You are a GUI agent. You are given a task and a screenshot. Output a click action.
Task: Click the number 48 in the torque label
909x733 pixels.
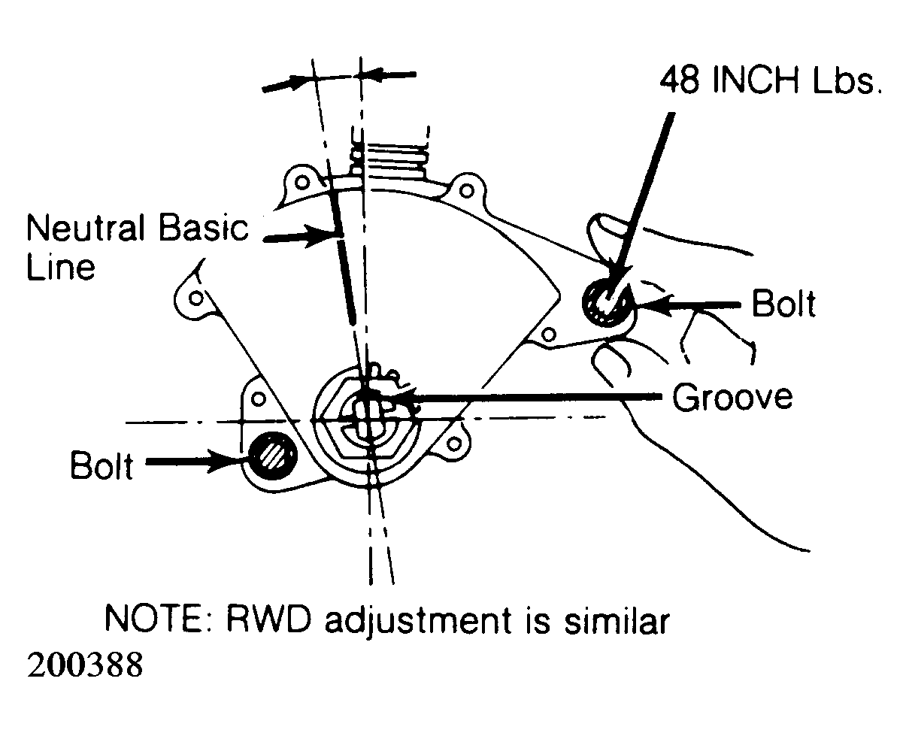681,80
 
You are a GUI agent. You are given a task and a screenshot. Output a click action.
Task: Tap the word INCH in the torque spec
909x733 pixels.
756,80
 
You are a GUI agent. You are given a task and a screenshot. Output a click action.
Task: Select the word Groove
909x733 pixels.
733,397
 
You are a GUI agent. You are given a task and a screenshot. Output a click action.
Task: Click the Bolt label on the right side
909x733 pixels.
783,304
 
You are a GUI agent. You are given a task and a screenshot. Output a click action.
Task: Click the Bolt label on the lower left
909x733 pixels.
102,465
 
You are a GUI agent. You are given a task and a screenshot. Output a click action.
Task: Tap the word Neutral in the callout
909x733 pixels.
86,228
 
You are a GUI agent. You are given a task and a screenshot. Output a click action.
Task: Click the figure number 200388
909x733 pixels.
85,665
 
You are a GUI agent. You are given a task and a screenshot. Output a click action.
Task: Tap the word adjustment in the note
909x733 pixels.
418,621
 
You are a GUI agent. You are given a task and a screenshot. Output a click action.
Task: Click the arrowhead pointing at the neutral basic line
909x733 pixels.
320,237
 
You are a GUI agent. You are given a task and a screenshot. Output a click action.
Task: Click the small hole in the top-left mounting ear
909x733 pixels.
302,183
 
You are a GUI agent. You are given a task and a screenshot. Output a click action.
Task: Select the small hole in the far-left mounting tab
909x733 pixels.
195,298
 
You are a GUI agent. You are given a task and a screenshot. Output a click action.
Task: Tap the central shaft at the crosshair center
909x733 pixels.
367,418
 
